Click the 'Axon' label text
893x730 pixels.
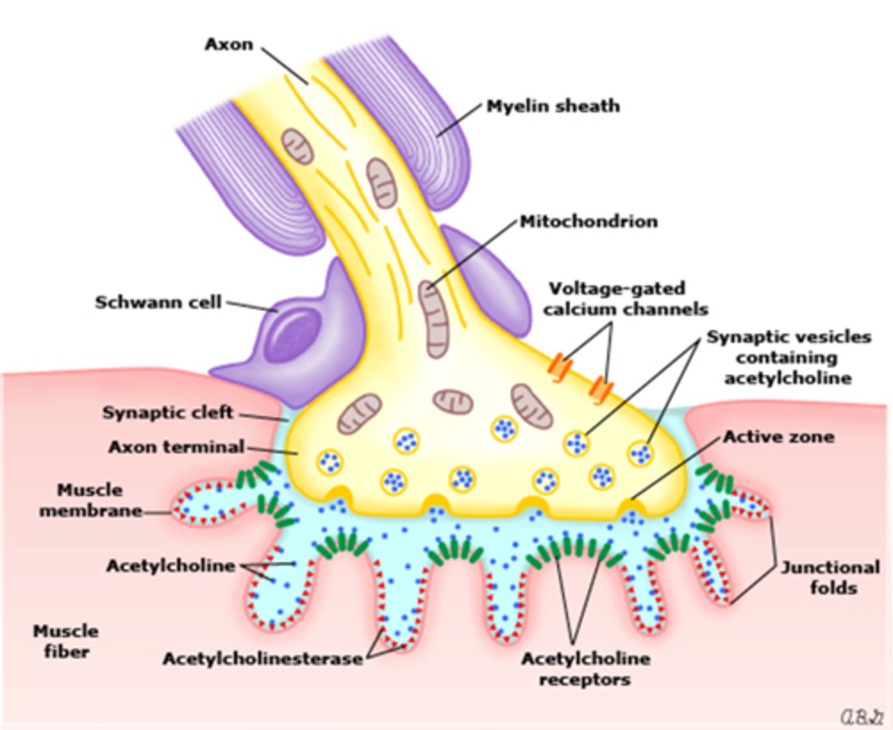[x=229, y=45]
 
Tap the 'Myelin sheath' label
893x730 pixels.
[x=553, y=106]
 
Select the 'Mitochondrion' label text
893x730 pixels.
[x=589, y=221]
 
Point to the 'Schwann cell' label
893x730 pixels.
[x=158, y=302]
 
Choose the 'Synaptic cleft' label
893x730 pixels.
[x=167, y=412]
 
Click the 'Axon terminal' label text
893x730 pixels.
[x=177, y=447]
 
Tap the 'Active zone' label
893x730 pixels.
[x=778, y=437]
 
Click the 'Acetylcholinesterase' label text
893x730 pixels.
[x=263, y=659]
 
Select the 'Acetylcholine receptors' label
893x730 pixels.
[x=585, y=669]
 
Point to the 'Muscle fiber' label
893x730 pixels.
[x=66, y=641]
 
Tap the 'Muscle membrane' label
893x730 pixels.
[x=91, y=501]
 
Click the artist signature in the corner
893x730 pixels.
[x=861, y=717]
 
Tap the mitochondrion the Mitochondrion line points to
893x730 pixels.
[x=432, y=318]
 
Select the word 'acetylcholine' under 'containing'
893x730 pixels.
[x=788, y=378]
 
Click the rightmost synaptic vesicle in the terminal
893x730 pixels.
[x=641, y=454]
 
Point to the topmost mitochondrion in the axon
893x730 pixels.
[x=298, y=146]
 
